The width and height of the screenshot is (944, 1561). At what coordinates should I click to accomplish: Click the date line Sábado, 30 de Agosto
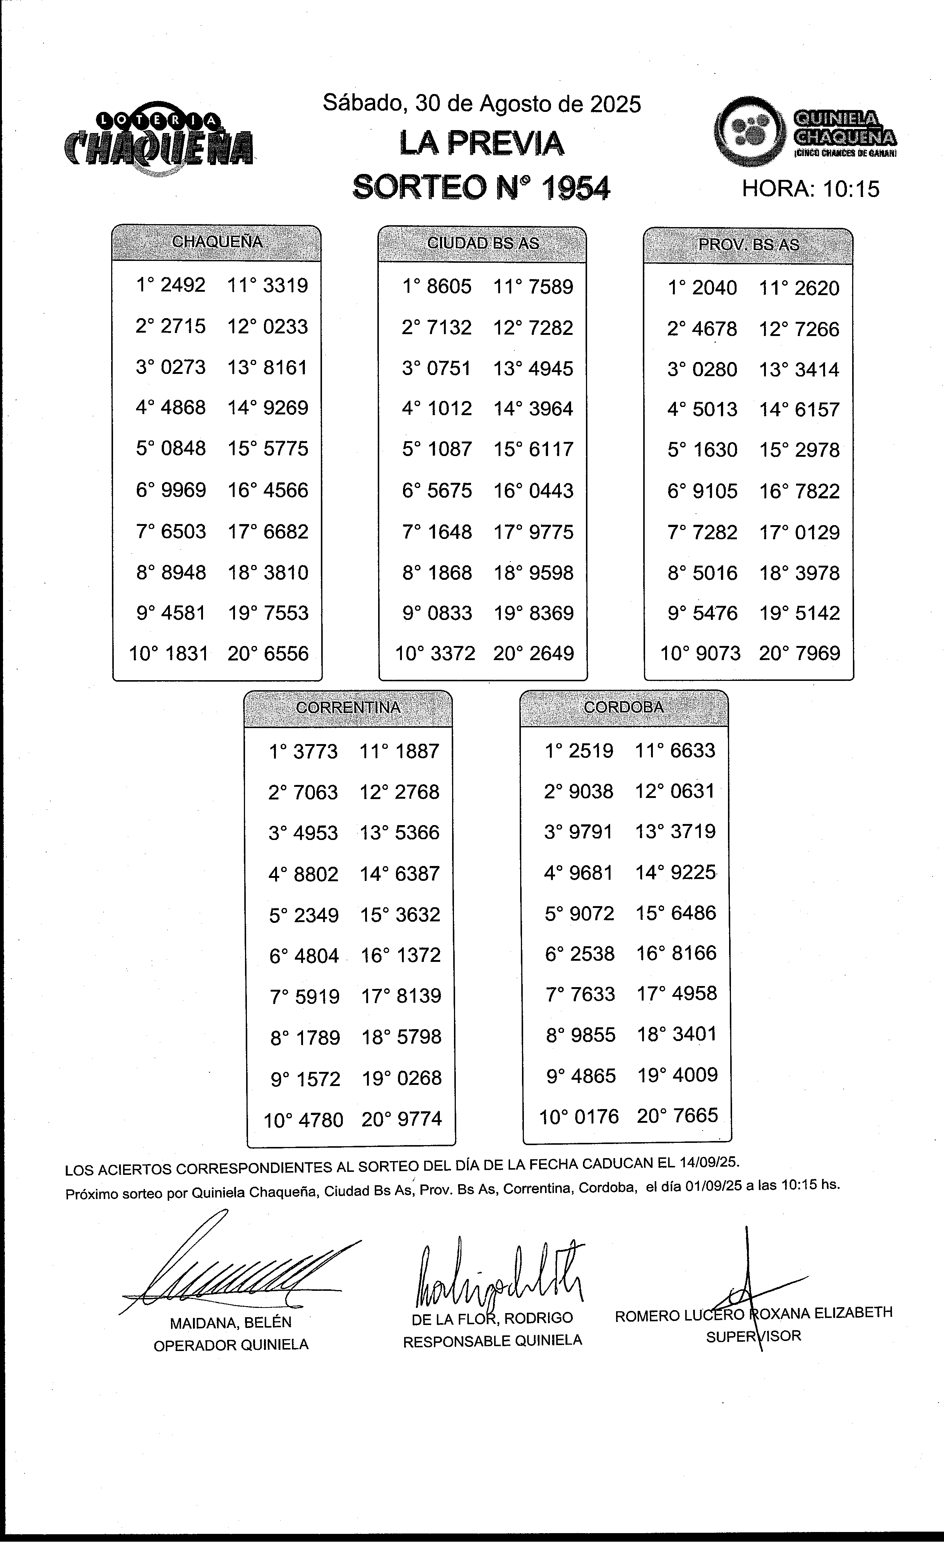(481, 103)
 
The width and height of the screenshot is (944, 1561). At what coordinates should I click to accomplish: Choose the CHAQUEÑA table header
(217, 242)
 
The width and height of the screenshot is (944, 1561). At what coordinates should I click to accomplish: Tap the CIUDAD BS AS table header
(483, 243)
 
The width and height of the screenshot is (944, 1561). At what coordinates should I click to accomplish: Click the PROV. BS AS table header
(748, 245)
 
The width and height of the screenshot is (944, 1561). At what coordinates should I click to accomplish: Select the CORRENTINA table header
(348, 708)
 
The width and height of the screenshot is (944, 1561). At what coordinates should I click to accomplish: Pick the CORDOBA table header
(624, 707)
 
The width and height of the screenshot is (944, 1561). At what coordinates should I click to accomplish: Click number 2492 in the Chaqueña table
(183, 285)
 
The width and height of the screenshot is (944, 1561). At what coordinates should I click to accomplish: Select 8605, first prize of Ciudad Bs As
(449, 286)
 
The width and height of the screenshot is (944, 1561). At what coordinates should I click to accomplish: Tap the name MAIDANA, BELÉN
(231, 1323)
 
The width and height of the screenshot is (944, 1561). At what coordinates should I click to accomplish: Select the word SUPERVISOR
(753, 1336)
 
